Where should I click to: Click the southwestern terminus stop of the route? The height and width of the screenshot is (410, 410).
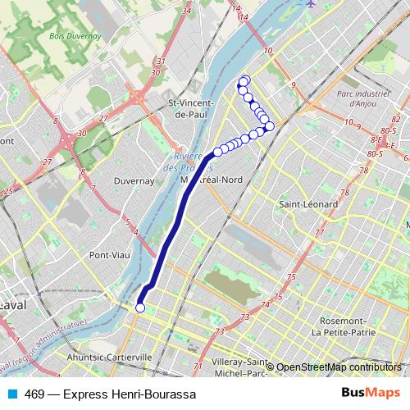pyautogui.click(x=139, y=307)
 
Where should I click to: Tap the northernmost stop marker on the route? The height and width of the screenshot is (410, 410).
pyautogui.click(x=244, y=80)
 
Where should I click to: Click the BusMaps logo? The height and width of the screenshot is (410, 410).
pyautogui.click(x=370, y=394)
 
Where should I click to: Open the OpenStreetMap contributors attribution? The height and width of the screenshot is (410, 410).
pyautogui.click(x=339, y=367)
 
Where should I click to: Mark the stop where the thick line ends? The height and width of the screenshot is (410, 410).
pyautogui.click(x=217, y=151)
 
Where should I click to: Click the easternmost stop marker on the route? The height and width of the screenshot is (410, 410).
pyautogui.click(x=269, y=126)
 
